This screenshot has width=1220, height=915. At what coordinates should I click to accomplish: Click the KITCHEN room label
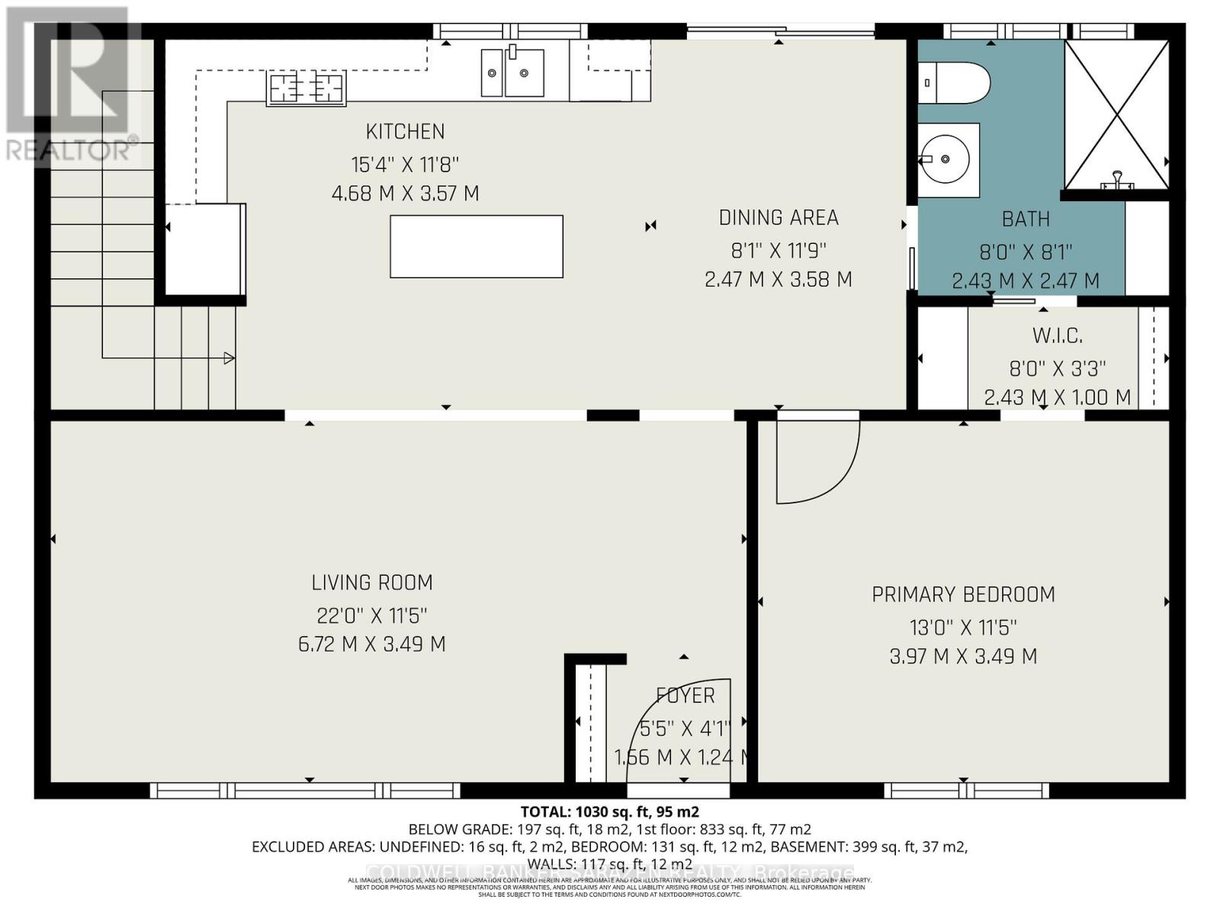coord(405,132)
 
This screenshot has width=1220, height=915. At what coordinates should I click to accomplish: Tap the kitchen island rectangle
coord(477,246)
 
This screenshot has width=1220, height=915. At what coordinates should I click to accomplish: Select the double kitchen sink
coord(512,72)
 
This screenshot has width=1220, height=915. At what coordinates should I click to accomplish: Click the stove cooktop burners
coord(306,88)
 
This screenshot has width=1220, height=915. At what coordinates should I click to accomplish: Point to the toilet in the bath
coord(953,82)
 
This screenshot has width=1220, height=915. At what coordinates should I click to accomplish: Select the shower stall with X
coord(1116,114)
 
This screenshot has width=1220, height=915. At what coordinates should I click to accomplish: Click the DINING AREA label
coord(779,218)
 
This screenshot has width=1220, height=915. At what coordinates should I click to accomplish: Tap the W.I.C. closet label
coord(1058,335)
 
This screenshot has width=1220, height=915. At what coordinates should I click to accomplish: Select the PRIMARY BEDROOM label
coord(963,595)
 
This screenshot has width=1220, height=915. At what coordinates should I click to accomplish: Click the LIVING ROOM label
coord(372,583)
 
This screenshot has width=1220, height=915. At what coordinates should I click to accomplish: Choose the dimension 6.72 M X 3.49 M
coord(372,644)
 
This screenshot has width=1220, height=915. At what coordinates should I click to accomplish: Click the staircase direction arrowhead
coord(229,358)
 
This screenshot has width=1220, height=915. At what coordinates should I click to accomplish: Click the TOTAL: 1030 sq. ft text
coord(609,811)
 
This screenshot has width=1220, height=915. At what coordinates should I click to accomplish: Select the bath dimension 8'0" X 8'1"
coord(1026,252)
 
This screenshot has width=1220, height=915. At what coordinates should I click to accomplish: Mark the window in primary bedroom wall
coord(966,790)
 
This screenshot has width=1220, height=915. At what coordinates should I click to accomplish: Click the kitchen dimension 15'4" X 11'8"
coord(405,164)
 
